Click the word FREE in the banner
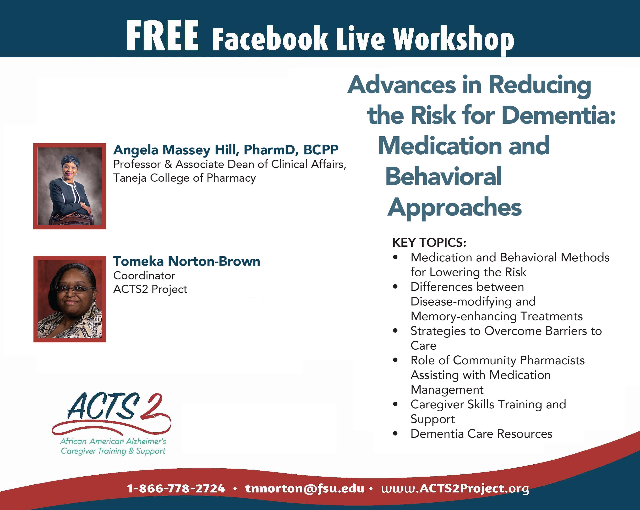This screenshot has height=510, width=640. [162, 36]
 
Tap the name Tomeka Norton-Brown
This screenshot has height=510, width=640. [186, 261]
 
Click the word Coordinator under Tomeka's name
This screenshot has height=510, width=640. [144, 275]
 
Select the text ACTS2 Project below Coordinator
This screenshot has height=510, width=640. [150, 289]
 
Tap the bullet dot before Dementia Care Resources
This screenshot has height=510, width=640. [395, 433]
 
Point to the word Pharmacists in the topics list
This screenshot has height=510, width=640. [552, 360]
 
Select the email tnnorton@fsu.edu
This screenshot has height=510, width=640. [305, 488]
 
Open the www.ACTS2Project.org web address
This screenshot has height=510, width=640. [455, 488]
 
